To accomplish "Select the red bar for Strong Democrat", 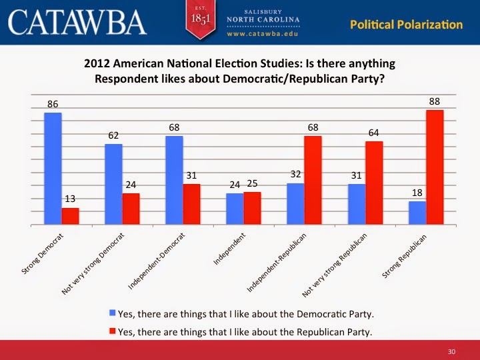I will point(70,217).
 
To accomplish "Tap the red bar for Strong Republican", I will point(435,168).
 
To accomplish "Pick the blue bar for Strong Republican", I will point(417,214).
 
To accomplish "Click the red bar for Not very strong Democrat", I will point(131,210).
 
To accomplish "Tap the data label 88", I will point(435,101).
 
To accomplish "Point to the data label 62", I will point(113,135).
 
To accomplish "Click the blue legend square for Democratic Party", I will point(113,311).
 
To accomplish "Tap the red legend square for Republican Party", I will point(113,330).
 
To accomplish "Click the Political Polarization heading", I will point(406,25).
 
